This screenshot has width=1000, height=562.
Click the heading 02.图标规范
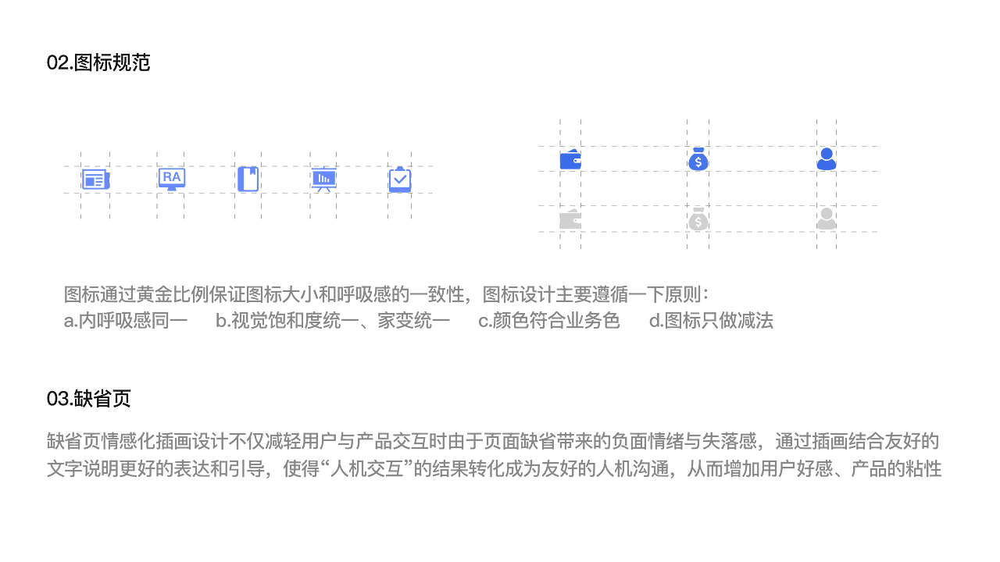pos(98,62)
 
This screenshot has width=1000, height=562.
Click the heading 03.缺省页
pos(88,398)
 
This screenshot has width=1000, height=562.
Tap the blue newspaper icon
pos(95,180)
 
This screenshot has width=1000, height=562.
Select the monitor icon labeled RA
pos(172,180)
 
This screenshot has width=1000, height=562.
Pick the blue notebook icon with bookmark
pos(248,179)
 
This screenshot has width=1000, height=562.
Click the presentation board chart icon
pos(324,180)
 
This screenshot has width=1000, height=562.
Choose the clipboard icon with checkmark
pos(400,180)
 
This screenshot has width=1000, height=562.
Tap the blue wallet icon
pos(570,159)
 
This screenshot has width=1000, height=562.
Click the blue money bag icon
pos(698,158)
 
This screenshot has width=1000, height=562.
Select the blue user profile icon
pos(827,158)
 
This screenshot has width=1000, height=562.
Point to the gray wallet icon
pos(570,219)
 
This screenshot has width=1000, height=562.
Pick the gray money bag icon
pos(698,219)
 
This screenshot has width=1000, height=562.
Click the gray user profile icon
pos(827,219)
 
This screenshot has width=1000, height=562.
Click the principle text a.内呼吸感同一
pos(126,321)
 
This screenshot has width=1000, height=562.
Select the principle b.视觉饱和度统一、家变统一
pos(333,321)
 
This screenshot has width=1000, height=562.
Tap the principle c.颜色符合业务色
pos(549,321)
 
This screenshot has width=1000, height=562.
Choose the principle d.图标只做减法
pos(711,321)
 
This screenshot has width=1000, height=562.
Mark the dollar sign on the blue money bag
pos(698,162)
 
